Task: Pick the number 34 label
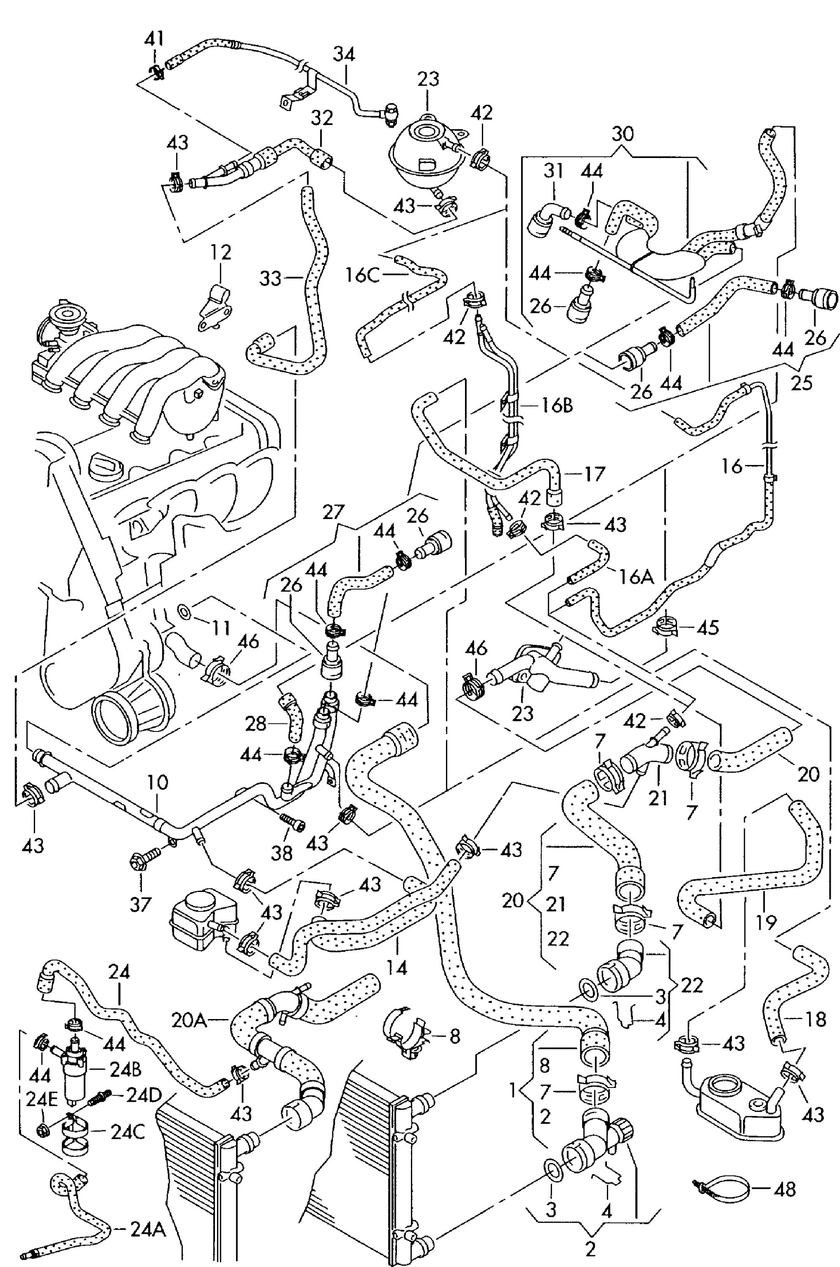click(344, 54)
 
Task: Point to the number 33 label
click(271, 279)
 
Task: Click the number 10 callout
click(158, 783)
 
